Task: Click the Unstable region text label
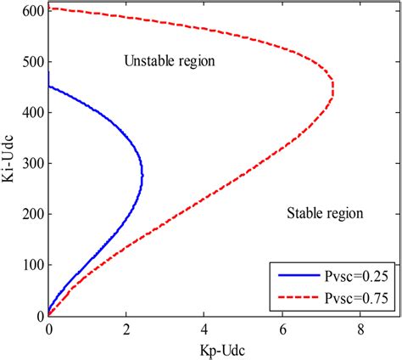(x=170, y=62)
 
